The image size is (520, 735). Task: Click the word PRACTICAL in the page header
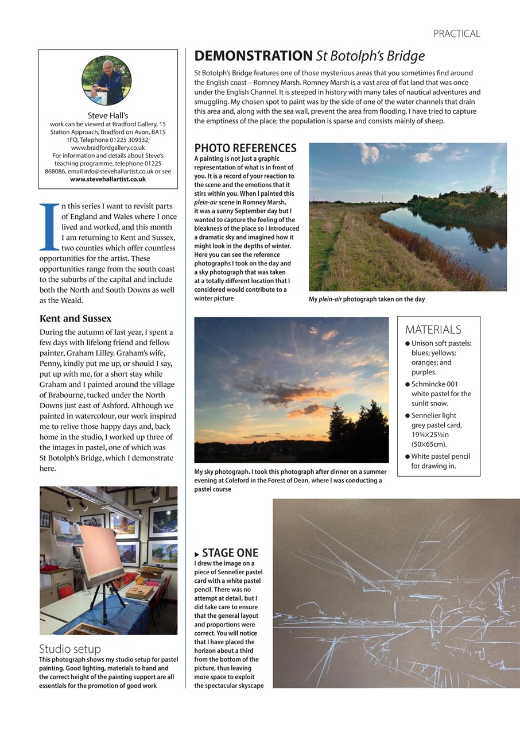(456, 34)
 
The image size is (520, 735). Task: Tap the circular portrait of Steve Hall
(107, 80)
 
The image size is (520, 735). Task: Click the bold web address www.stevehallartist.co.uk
(108, 179)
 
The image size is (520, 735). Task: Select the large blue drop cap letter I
(49, 227)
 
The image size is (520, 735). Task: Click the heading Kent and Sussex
(75, 318)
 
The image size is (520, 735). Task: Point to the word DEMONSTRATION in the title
(253, 56)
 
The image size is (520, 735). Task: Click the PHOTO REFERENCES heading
(245, 148)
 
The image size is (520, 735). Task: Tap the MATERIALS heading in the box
(433, 330)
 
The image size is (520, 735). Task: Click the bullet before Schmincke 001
(407, 384)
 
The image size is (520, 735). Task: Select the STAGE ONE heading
(230, 553)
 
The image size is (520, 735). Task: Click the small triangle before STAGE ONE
(197, 555)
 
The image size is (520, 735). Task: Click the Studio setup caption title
(69, 649)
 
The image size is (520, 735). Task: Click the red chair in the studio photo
(64, 591)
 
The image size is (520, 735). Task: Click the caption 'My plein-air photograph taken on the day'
(367, 299)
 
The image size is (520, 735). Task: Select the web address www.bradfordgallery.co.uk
(108, 148)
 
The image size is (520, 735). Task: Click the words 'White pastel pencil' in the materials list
(440, 457)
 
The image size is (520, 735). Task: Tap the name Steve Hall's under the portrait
(108, 115)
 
